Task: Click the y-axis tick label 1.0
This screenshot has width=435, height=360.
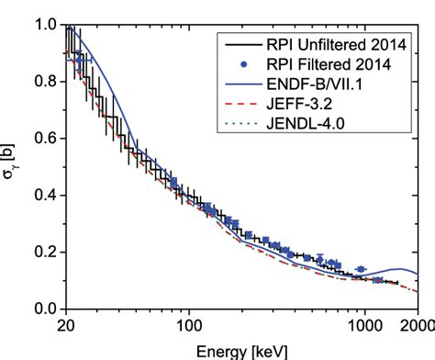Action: (x=46, y=25)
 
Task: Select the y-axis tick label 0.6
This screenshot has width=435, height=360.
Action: (x=46, y=139)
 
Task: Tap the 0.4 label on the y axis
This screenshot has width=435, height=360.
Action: (x=46, y=196)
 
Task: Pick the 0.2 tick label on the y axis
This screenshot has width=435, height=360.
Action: (x=46, y=253)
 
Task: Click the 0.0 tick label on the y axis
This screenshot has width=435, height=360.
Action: (x=46, y=309)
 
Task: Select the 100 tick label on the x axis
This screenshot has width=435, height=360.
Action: (x=188, y=326)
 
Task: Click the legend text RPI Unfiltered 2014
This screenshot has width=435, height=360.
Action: (x=327, y=44)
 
